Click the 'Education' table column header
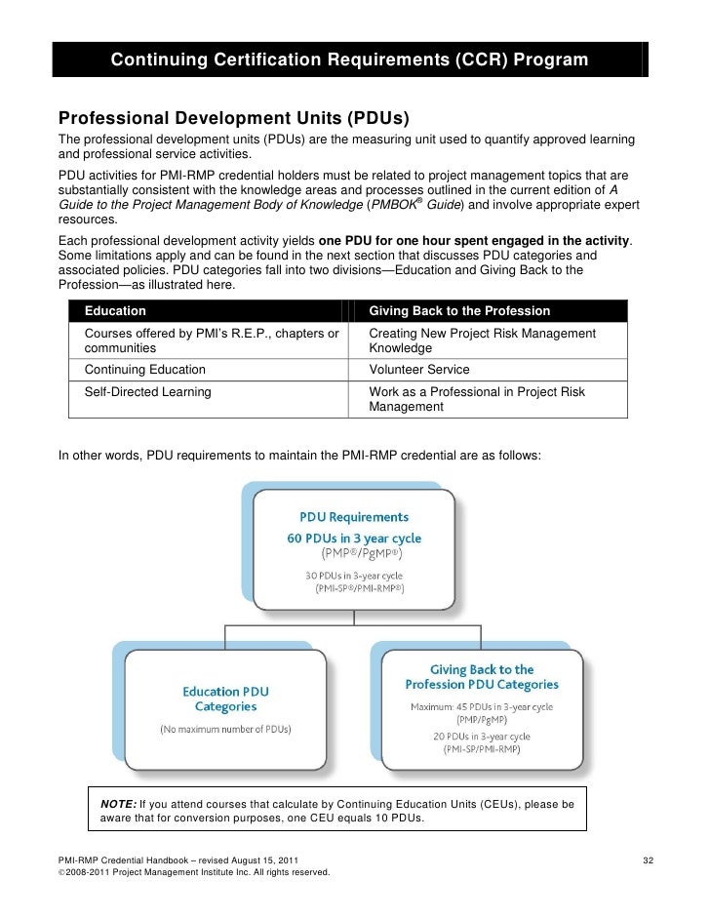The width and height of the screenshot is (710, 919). [115, 311]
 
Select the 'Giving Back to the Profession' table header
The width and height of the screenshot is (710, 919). [459, 311]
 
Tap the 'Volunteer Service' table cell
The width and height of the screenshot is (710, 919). [419, 370]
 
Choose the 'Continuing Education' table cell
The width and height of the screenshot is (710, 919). [145, 370]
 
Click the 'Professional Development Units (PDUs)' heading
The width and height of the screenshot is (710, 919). [234, 120]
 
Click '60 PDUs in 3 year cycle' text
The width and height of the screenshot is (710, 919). [353, 538]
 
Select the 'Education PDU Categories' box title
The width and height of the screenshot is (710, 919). [226, 699]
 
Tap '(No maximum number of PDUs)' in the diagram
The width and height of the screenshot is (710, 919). [225, 729]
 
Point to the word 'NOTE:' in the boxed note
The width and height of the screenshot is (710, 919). [118, 803]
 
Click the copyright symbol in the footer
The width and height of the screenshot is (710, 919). [62, 872]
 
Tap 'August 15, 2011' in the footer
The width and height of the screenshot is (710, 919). [256, 859]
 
